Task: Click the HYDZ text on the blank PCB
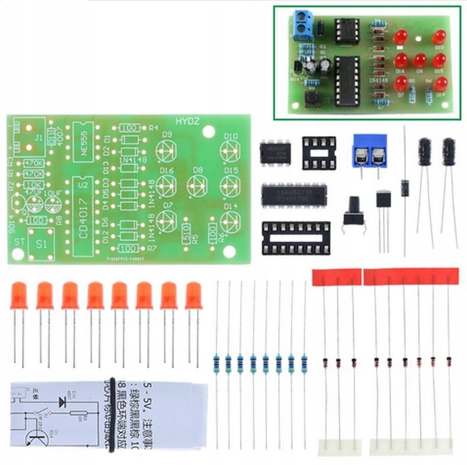coord(190,122)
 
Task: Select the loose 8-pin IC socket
coord(319,153)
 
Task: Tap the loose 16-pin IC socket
coord(295,238)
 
